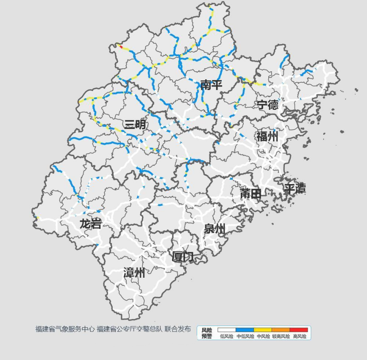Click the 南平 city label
point(211,85)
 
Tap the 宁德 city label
point(267,105)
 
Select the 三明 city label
point(135,124)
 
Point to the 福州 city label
point(267,137)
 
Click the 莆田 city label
point(250,194)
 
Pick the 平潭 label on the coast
point(295,189)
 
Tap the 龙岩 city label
point(91,224)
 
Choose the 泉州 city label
point(214,229)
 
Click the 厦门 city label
point(183,257)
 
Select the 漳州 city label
point(134,273)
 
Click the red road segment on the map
point(121,46)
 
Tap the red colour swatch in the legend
point(299,330)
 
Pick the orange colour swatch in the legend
point(281,330)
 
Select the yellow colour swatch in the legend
point(263,330)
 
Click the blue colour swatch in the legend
point(245,330)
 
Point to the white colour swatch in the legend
point(227,330)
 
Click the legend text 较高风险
point(281,337)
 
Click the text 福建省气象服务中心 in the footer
point(65,329)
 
